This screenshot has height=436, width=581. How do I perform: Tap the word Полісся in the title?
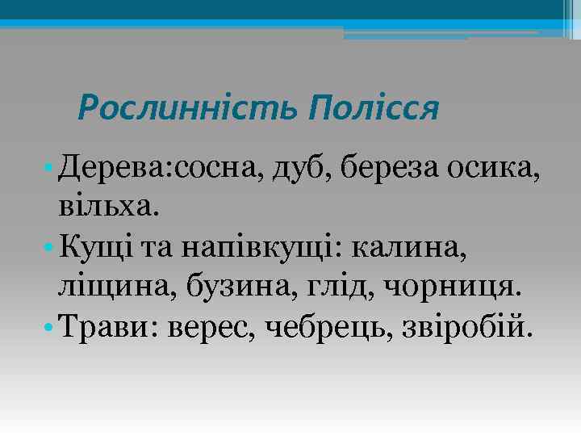click(x=374, y=107)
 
